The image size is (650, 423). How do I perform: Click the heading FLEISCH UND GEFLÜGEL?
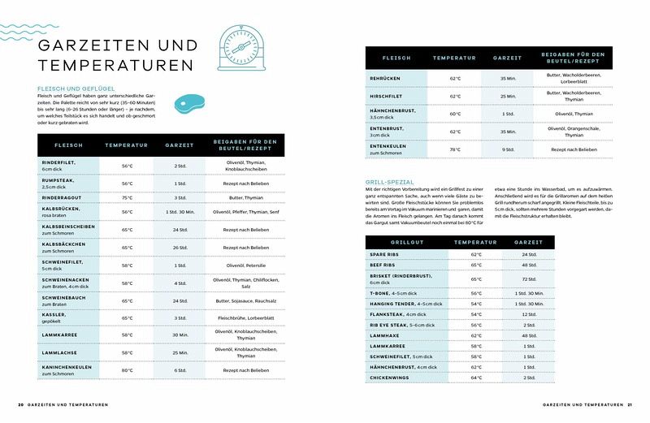(76, 88)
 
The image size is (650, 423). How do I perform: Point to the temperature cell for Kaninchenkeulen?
(128, 370)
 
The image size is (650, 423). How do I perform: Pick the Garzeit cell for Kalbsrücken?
(180, 212)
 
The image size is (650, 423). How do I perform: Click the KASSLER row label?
(54, 314)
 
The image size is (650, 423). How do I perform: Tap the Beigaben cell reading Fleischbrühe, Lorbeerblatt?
(246, 317)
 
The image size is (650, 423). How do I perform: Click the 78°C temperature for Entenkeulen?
(455, 149)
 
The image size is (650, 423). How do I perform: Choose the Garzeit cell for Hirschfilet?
(509, 96)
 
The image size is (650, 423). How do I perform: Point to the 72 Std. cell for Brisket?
(529, 278)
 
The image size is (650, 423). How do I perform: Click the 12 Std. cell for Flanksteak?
(529, 314)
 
